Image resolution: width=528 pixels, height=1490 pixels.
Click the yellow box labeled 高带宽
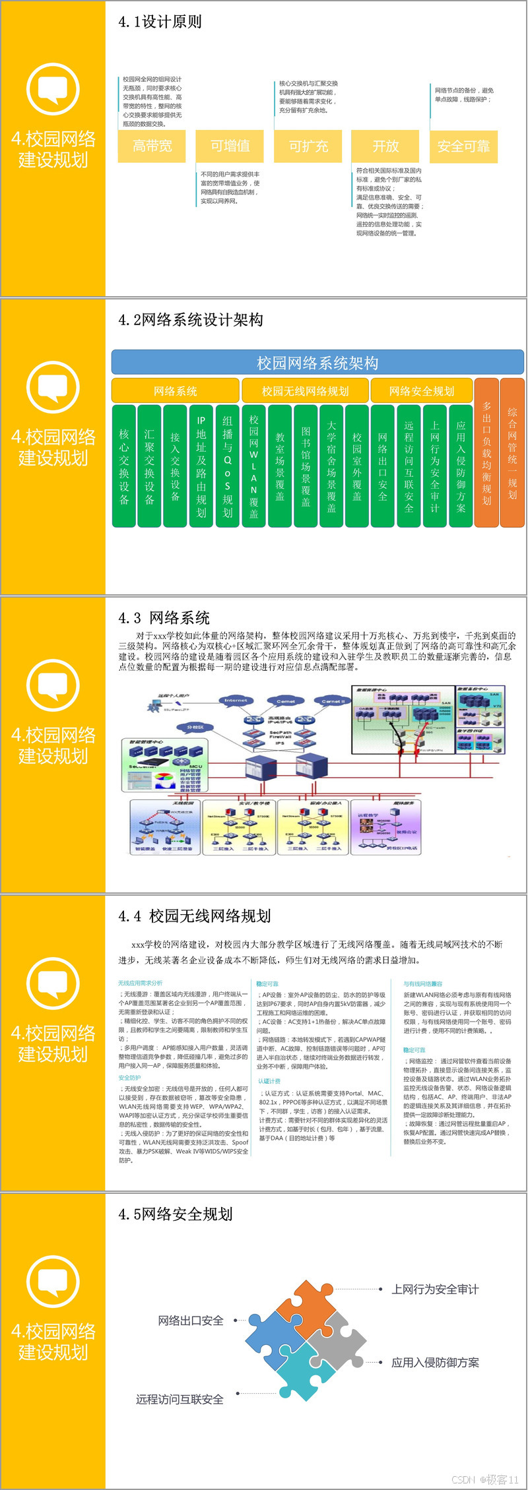(x=152, y=146)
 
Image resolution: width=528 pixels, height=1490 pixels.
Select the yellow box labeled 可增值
(x=230, y=146)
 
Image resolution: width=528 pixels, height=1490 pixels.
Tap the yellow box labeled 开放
(x=386, y=146)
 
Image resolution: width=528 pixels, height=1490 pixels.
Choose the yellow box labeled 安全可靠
(x=463, y=146)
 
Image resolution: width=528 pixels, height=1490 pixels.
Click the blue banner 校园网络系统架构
(x=317, y=363)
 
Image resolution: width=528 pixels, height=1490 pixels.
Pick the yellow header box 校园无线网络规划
(x=305, y=391)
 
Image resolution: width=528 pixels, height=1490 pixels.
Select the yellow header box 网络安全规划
(x=422, y=391)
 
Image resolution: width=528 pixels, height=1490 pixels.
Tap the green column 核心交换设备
(x=124, y=466)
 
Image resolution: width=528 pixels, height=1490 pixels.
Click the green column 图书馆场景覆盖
(x=306, y=466)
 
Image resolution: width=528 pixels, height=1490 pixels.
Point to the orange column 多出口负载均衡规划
(x=486, y=452)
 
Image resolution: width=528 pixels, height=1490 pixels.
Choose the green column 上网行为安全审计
(x=434, y=466)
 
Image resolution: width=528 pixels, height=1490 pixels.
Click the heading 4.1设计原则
(x=160, y=22)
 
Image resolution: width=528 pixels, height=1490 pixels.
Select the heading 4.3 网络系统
(x=164, y=618)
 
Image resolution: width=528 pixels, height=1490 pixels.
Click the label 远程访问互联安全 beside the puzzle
(x=180, y=1400)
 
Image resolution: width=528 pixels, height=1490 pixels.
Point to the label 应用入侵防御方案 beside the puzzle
(x=435, y=1363)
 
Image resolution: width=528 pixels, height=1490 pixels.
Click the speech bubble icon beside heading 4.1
(x=53, y=90)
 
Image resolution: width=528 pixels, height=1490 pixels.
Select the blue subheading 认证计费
(x=269, y=1081)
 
